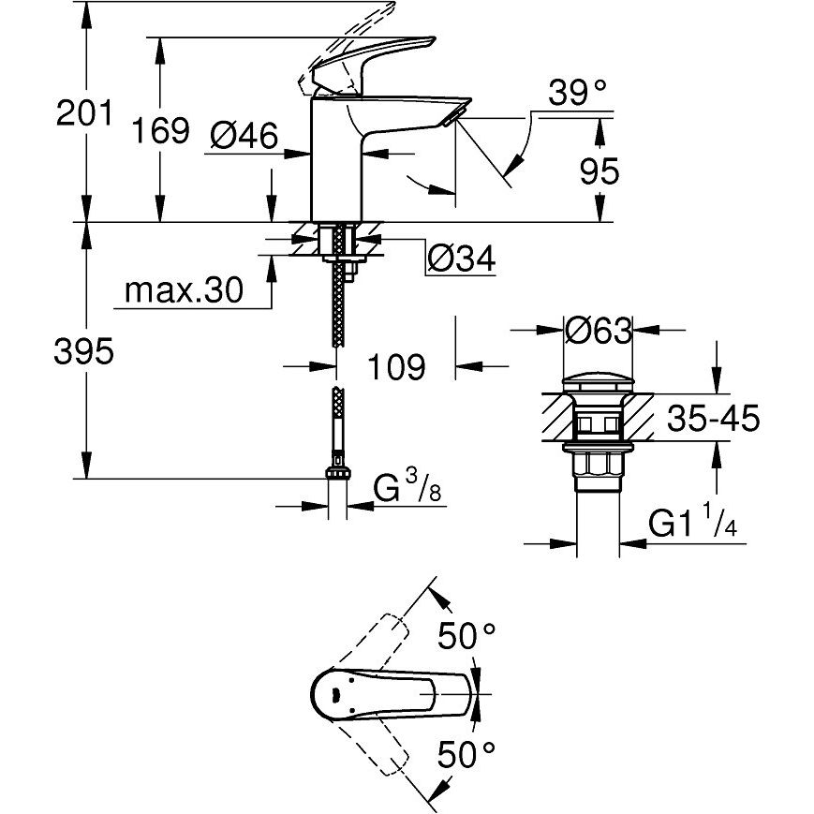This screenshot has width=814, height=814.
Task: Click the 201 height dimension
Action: (84, 114)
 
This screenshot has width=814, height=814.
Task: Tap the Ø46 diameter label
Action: (244, 137)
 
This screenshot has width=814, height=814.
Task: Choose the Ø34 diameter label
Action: (461, 258)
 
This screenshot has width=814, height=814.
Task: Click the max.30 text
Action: (184, 291)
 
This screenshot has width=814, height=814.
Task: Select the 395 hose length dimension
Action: (84, 352)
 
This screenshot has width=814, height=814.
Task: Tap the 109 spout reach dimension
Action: (393, 366)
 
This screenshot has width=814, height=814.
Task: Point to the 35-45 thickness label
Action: (713, 419)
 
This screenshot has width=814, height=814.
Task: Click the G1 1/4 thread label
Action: (693, 525)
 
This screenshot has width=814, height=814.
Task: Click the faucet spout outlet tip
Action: (456, 113)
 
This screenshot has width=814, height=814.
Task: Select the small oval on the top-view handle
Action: (332, 694)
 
